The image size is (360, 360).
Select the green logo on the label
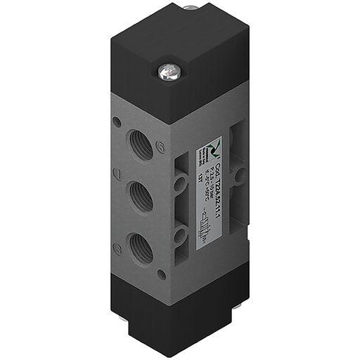click(x=216, y=148)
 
